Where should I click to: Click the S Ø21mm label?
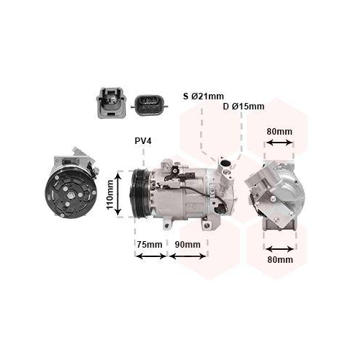pyautogui.click(x=203, y=96)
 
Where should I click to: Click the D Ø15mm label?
pyautogui.click(x=243, y=107)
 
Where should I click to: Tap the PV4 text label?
pyautogui.click(x=143, y=141)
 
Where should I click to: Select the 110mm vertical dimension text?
pyautogui.click(x=109, y=194)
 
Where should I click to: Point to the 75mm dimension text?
pyautogui.click(x=150, y=245)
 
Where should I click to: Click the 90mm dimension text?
pyautogui.click(x=187, y=245)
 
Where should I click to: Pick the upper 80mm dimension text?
pyautogui.click(x=279, y=132)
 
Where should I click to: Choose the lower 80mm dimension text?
pyautogui.click(x=280, y=260)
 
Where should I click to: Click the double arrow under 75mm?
pyautogui.click(x=150, y=256)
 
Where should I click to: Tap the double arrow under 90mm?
pyautogui.click(x=188, y=256)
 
